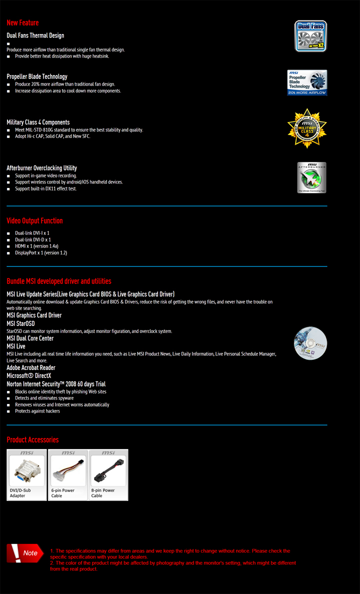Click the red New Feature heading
point(22,23)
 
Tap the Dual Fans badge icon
point(310,36)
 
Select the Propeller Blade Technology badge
point(307,82)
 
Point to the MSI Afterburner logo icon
point(311,177)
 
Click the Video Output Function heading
point(34,221)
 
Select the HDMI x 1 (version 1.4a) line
point(36,246)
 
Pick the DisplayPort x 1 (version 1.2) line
point(40,252)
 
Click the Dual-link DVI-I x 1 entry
point(32,233)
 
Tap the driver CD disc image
point(310,343)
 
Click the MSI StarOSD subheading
point(20,323)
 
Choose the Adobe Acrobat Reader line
point(31,367)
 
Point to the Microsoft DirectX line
point(28,375)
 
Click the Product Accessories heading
point(32,440)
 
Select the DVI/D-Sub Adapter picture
point(26,470)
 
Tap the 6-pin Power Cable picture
point(68,470)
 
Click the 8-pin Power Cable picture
point(108,470)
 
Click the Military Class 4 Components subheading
point(38,122)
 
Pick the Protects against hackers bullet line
point(37,411)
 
